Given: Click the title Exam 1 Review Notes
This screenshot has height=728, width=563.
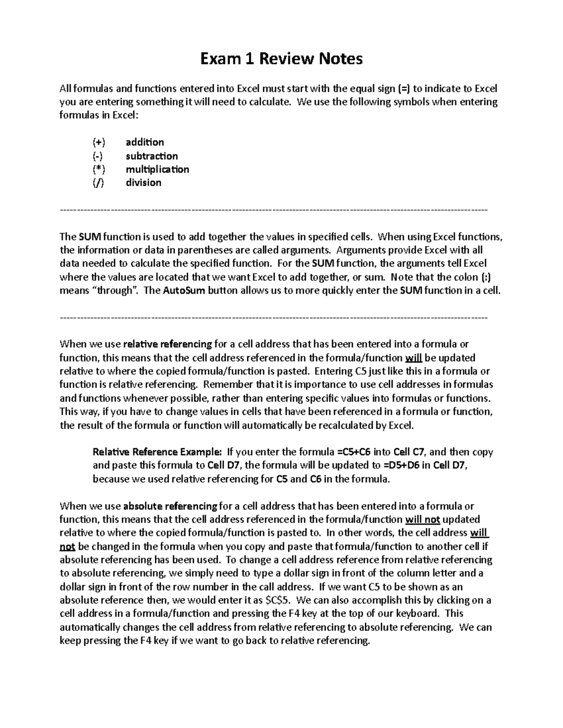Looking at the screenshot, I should (x=281, y=59).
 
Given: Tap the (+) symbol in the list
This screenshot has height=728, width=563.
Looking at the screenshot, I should (x=99, y=142).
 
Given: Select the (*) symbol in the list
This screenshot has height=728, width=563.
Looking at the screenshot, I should (x=99, y=169).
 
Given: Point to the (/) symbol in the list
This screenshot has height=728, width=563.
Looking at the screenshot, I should (x=99, y=183).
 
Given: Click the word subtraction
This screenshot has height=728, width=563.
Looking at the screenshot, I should (x=152, y=156).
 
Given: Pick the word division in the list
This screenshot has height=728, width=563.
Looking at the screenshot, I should (x=143, y=183).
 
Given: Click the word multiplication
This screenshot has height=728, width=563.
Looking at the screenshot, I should (x=157, y=169).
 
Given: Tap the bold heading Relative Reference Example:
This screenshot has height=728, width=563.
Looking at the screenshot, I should (x=157, y=452).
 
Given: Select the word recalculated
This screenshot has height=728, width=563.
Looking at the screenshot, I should (x=345, y=426).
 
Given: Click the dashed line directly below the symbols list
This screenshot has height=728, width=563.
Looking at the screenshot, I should (x=274, y=210).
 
